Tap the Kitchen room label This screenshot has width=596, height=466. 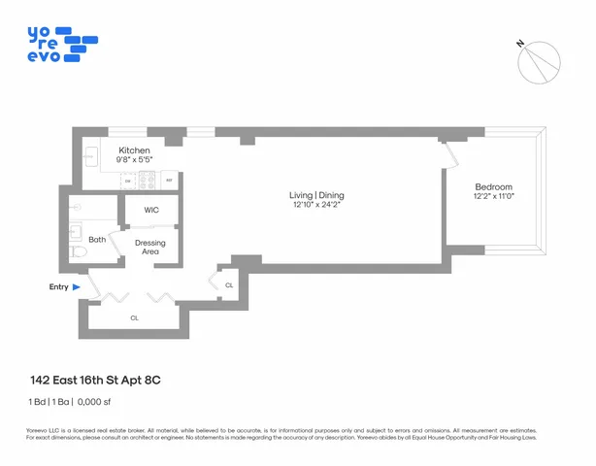[x=134, y=151]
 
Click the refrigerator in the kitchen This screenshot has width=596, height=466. [x=169, y=180]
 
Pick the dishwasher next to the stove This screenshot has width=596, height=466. [x=128, y=181]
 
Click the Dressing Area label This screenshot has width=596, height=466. [x=149, y=247]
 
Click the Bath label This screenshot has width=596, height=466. [x=97, y=239]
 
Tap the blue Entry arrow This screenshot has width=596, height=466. [x=76, y=287]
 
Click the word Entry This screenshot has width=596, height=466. [x=58, y=287]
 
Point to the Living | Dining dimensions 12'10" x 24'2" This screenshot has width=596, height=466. [x=317, y=205]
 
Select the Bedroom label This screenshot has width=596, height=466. [x=493, y=186]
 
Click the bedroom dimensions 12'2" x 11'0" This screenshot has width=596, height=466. [x=493, y=197]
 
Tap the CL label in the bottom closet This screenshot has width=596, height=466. [x=134, y=317]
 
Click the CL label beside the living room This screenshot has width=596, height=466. [x=229, y=285]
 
